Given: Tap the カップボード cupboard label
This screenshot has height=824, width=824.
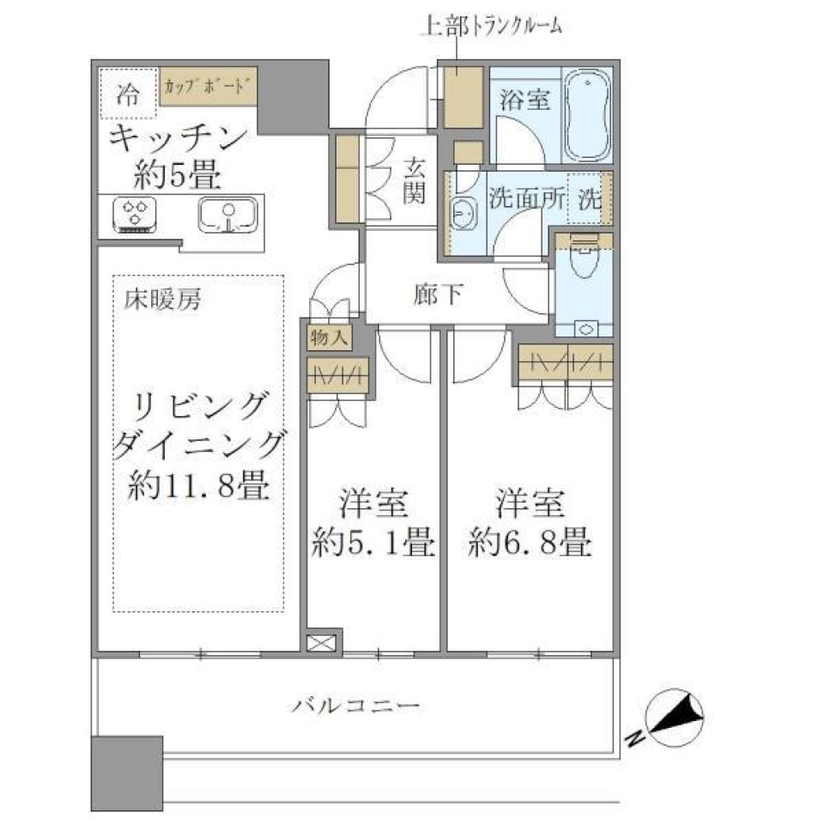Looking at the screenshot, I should pos(207,86).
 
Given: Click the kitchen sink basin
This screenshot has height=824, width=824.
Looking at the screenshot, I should pos(227,215).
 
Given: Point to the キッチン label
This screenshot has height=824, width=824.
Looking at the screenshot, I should pos(179,137).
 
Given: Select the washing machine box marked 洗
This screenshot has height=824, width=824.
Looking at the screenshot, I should pos(590,200).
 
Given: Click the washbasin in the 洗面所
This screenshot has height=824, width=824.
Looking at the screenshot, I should pos(463,212).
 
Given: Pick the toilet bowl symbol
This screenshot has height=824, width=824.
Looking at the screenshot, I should pos(584,262).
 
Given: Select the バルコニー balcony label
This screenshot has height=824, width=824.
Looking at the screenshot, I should pos(354,708).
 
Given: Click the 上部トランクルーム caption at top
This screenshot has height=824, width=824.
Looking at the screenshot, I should pos(491,26).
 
